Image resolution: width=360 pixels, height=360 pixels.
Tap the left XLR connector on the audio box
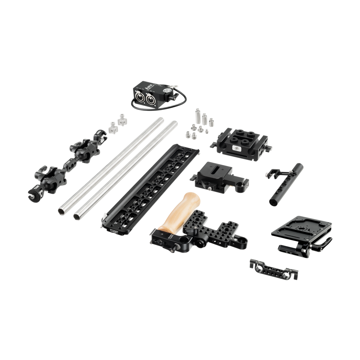138,98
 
